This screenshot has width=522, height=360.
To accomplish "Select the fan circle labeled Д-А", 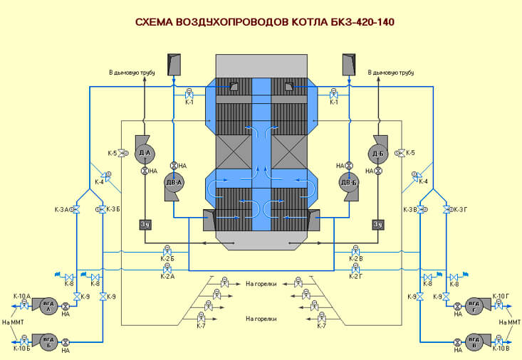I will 144,152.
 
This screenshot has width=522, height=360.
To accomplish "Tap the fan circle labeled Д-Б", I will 377,153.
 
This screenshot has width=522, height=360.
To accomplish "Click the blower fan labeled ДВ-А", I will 174,182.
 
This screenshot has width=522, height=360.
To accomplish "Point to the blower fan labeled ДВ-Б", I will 348,182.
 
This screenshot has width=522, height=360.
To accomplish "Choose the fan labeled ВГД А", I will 49,306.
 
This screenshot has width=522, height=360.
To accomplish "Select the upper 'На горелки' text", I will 261,283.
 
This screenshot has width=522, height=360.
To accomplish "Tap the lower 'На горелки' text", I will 261,319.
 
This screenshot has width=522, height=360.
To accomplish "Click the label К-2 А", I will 167,276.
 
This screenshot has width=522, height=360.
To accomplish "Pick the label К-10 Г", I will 501,295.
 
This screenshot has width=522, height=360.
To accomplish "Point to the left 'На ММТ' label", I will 13,323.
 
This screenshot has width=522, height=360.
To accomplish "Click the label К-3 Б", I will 113,209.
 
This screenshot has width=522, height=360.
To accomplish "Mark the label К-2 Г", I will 356,276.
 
